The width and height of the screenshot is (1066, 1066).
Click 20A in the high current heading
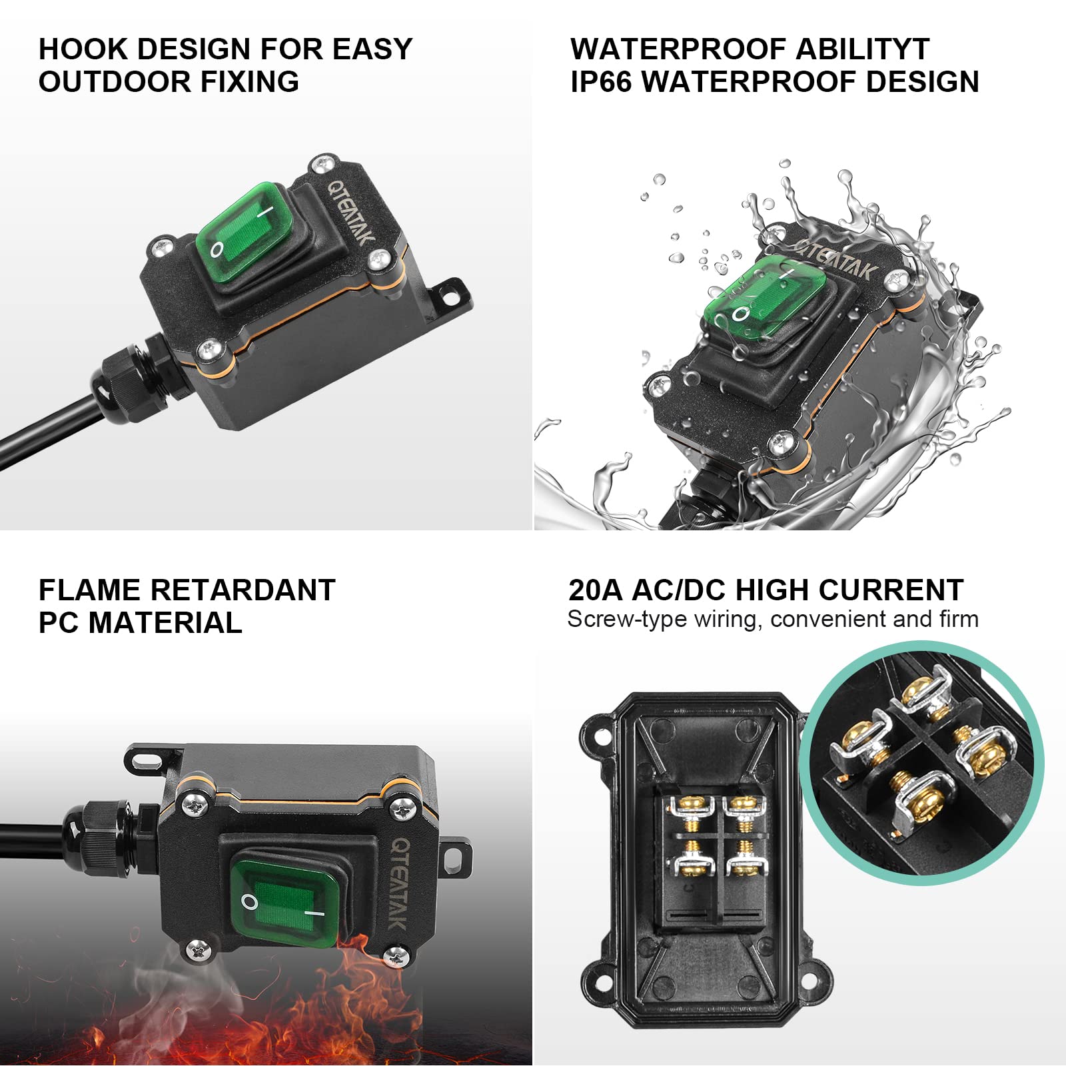595,590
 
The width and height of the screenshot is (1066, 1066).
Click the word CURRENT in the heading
891,590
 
